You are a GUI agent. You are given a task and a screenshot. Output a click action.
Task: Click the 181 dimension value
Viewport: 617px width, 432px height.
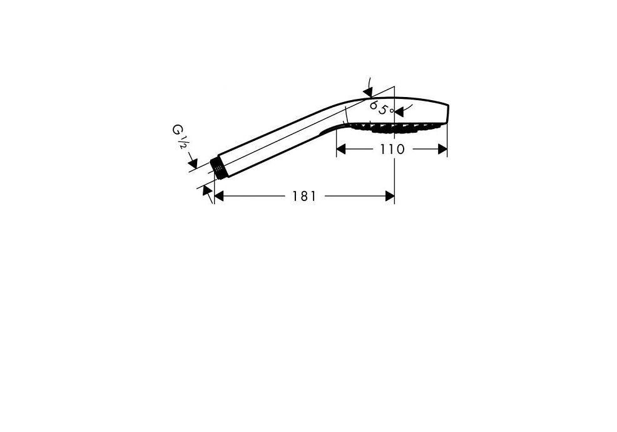coord(304,196)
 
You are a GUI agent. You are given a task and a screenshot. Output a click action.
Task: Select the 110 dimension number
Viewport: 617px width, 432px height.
coord(392,149)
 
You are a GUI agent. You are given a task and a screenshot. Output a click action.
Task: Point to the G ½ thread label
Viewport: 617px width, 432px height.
coord(178,136)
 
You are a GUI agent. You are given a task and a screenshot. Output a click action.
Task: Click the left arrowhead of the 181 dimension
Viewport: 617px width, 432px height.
coord(219,196)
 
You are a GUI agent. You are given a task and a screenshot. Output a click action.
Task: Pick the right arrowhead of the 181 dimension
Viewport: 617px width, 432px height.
coord(390,196)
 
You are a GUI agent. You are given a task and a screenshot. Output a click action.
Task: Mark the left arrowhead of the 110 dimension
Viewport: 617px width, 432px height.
coord(341,149)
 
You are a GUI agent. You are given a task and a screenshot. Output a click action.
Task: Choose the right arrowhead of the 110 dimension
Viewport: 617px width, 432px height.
coord(442,149)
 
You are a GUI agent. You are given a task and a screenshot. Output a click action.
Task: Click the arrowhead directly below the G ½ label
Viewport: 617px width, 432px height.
coord(192,163)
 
